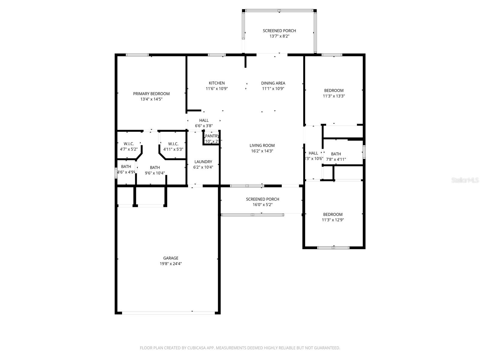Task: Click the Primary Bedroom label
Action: click(151, 94)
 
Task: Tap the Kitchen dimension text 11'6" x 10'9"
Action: click(217, 89)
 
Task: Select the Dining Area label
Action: click(273, 83)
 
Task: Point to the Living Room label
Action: click(262, 145)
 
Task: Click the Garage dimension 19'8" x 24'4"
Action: click(171, 264)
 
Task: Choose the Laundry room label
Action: click(203, 162)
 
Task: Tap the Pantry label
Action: click(212, 136)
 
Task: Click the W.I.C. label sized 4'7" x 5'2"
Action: click(128, 144)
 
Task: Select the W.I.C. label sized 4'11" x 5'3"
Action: click(173, 144)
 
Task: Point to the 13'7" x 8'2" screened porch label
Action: click(279, 31)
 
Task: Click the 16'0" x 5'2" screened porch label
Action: click(262, 199)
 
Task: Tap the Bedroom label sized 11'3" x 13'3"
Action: click(334, 91)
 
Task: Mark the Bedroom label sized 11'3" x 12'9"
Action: click(333, 214)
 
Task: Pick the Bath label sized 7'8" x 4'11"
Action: click(336, 154)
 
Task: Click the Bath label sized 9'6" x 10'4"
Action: click(155, 167)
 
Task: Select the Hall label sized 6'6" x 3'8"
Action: click(204, 120)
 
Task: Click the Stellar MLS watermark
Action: click(465, 180)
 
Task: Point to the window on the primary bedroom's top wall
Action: click(137, 55)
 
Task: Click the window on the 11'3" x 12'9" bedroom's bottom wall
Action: click(333, 247)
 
